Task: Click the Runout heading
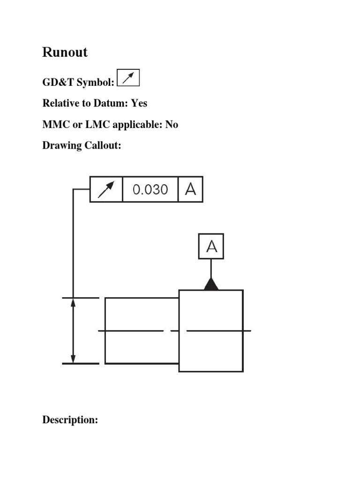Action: pos(65,52)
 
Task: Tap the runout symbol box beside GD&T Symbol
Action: pos(128,79)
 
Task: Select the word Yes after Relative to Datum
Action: pos(139,103)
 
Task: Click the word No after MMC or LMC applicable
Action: pos(172,125)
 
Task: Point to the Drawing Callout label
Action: pos(82,146)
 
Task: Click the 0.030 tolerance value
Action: pos(150,189)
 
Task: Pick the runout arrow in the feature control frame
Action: pos(106,189)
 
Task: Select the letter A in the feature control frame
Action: pos(191,189)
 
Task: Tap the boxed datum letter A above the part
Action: pos(211,246)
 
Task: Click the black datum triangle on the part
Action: pos(211,285)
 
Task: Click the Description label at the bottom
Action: pos(70,420)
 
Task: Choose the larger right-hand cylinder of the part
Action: pos(211,330)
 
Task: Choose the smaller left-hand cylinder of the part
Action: pos(142,330)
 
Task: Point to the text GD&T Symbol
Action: pos(78,82)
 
